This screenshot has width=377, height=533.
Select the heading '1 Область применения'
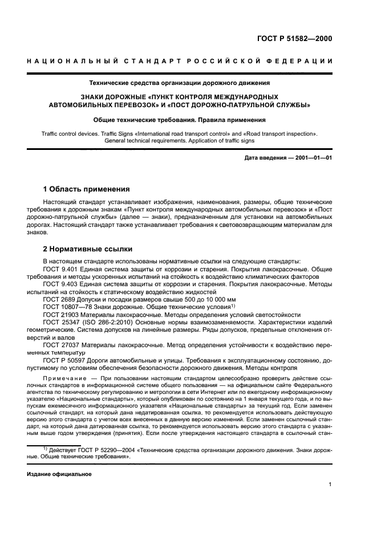point(86,189)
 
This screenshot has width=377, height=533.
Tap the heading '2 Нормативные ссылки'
point(88,249)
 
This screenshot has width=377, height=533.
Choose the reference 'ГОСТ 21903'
point(59,315)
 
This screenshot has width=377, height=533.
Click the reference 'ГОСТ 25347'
point(59,323)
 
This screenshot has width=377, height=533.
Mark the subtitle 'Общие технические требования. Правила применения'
point(180,120)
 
